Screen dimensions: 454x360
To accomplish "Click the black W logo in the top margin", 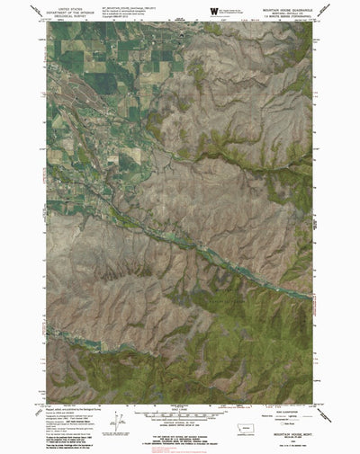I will coord(213,11).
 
